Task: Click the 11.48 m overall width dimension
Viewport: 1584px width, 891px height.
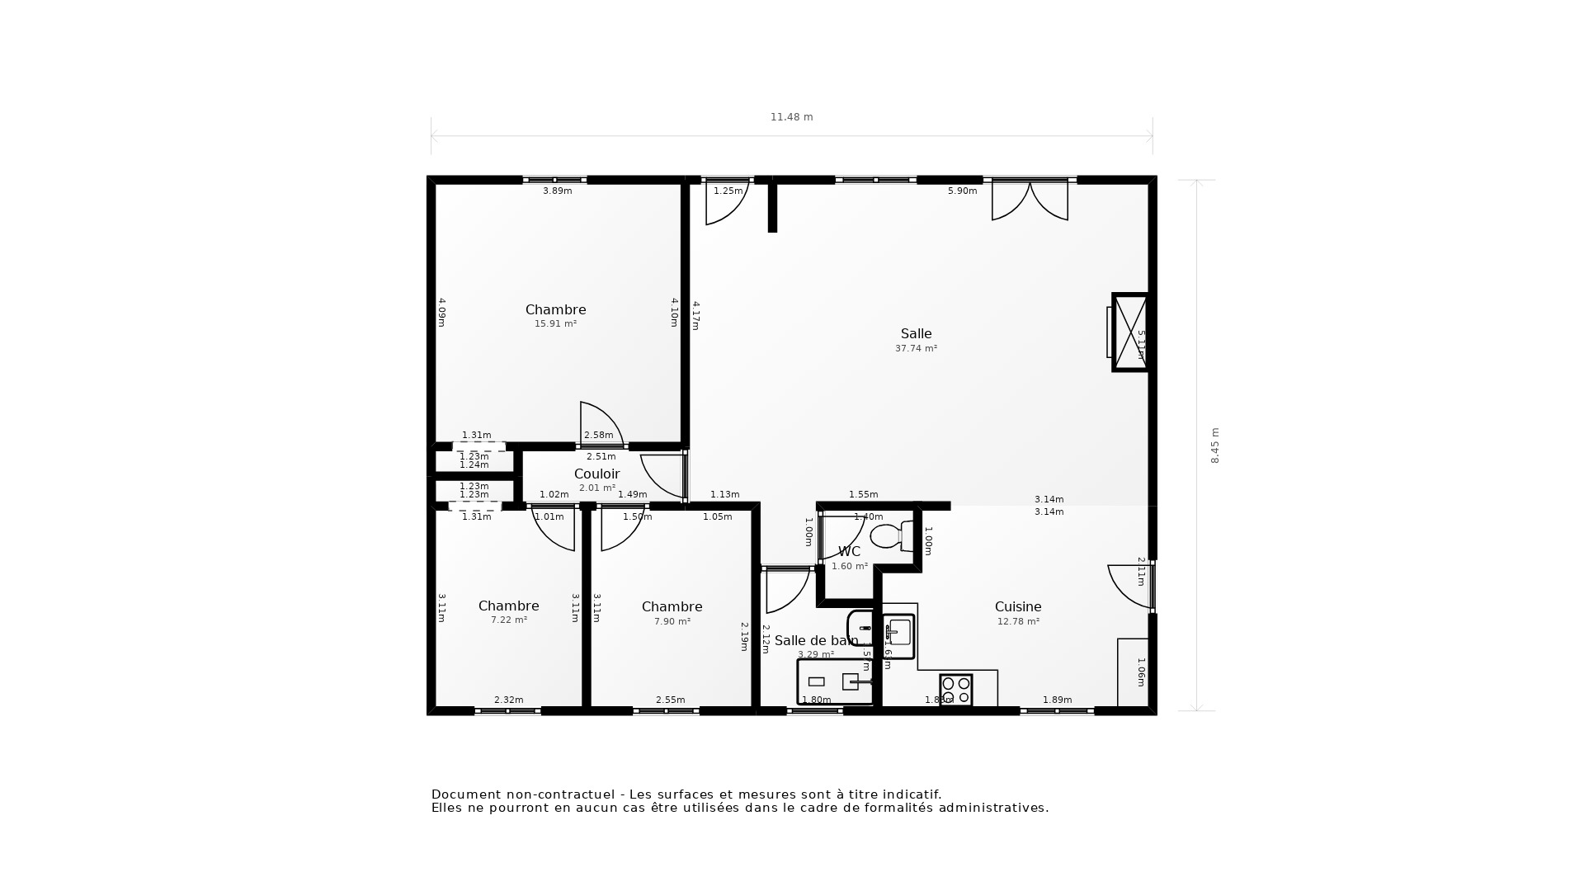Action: coord(791,117)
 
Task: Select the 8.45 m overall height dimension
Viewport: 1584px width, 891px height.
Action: coord(1214,445)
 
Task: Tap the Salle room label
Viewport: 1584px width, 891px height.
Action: coord(916,334)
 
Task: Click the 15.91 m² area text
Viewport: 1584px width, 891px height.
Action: coord(555,324)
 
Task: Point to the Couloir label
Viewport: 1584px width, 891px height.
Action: coord(596,474)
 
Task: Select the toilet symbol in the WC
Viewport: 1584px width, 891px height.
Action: coord(889,536)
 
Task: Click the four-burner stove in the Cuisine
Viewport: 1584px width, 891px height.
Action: coord(956,691)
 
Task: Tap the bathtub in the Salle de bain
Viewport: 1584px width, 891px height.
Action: coord(834,681)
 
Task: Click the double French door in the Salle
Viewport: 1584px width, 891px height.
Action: coord(1030,200)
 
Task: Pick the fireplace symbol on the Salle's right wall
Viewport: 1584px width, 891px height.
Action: coord(1129,332)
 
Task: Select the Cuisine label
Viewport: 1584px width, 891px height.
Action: coord(1018,606)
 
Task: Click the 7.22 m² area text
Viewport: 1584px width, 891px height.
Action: coord(509,620)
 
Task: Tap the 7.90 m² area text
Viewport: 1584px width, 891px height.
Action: coord(672,621)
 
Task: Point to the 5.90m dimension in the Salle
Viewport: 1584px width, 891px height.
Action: coord(962,191)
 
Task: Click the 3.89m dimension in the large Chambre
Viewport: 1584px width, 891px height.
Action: coord(557,191)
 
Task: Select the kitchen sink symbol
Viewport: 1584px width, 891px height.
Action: coord(898,634)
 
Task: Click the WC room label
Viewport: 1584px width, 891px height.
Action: coord(849,551)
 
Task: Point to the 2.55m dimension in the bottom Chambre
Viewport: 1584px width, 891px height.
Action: coord(670,700)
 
